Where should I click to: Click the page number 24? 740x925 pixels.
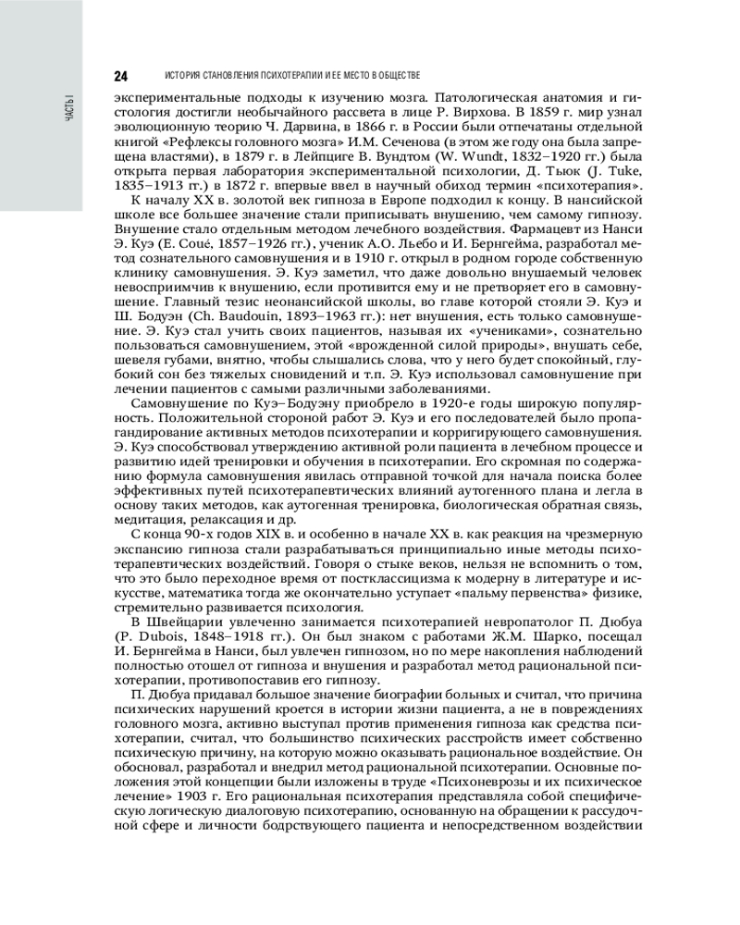[120, 75]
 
